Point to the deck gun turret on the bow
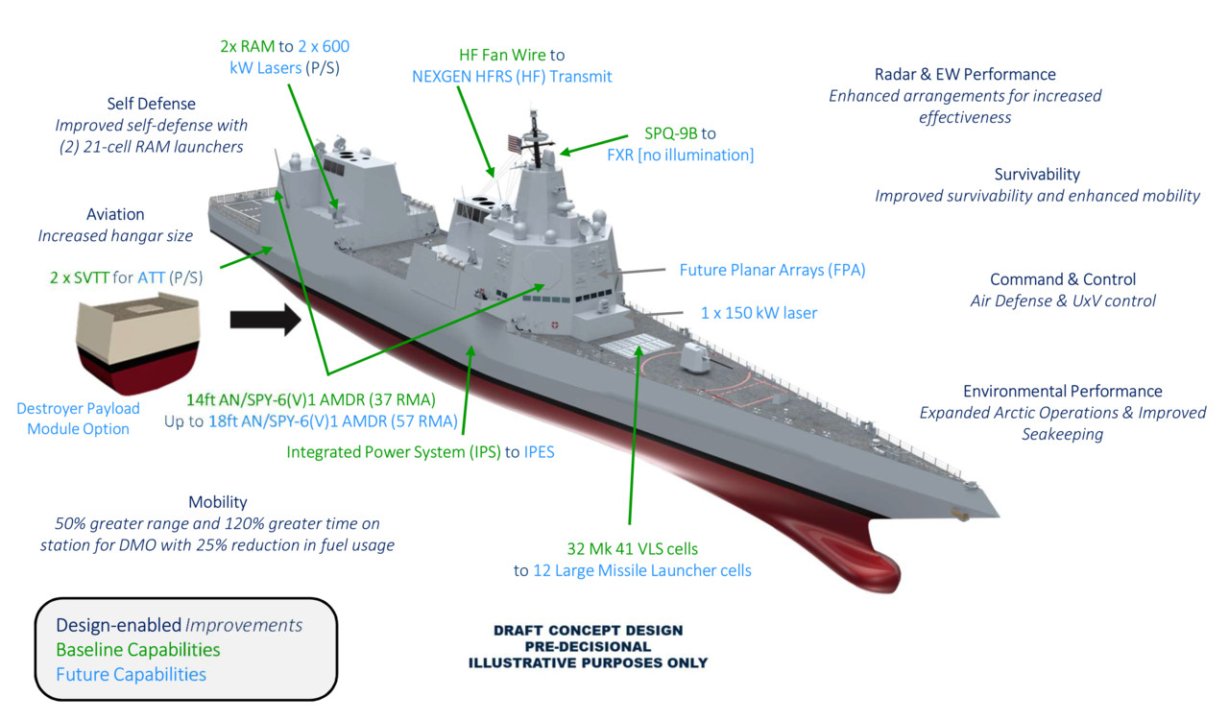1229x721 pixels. click(x=694, y=359)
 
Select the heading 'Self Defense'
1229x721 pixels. click(x=151, y=104)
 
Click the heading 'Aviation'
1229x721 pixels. click(x=115, y=214)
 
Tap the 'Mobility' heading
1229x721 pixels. click(x=217, y=502)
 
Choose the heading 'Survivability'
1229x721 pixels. click(x=1037, y=175)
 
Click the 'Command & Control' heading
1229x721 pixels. click(x=1063, y=279)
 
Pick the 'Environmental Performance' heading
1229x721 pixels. click(x=1063, y=392)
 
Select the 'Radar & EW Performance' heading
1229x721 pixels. click(x=965, y=75)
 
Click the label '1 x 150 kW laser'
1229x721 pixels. click(x=753, y=313)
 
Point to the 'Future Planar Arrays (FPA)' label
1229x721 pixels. click(x=772, y=271)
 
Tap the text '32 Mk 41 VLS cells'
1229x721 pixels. click(x=632, y=549)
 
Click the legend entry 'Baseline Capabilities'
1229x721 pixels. click(x=138, y=650)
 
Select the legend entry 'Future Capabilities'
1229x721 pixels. click(x=132, y=675)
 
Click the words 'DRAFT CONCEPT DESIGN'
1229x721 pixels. click(x=588, y=631)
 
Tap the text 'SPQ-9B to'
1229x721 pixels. click(x=680, y=133)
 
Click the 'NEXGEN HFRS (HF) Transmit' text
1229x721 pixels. click(x=512, y=77)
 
